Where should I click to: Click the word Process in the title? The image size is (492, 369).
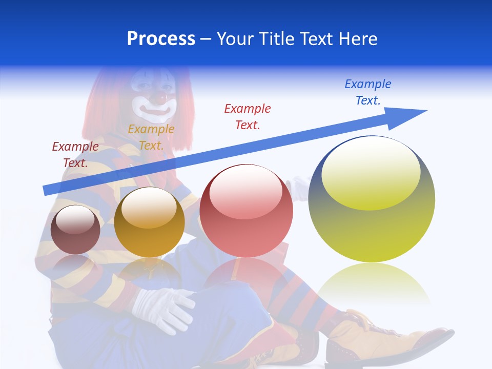161,39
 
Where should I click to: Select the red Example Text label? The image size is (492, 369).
248,116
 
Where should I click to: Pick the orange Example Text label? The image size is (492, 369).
151,137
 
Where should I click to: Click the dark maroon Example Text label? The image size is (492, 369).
75,154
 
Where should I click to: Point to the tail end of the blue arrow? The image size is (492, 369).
46,190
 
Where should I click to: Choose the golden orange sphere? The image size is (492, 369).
149,222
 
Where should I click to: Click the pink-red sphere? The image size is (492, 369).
246,211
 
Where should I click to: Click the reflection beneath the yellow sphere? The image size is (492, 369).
372,284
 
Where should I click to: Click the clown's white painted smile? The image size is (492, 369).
154,109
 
